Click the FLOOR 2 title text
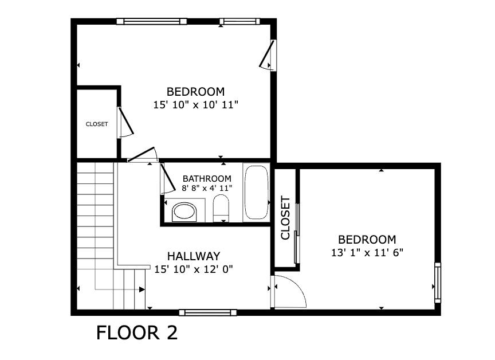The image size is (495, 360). click(137, 333)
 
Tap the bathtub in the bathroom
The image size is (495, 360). click(256, 193)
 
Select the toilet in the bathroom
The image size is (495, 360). click(221, 208)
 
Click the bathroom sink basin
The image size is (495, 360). click(184, 211)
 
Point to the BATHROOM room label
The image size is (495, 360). click(207, 179)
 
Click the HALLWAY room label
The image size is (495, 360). click(193, 256)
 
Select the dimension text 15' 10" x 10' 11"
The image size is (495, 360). click(195, 105)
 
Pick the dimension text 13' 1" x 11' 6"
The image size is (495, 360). click(367, 252)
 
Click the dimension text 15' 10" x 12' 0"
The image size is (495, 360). click(193, 269)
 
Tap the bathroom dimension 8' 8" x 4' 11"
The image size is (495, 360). click(207, 188)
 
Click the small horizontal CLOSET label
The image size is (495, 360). click(97, 124)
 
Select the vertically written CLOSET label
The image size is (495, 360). click(285, 218)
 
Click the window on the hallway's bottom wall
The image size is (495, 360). click(207, 312)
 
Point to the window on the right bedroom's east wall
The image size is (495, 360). click(438, 282)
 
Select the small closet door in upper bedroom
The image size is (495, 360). click(124, 123)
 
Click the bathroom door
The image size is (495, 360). click(167, 178)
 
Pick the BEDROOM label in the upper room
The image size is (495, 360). click(195, 92)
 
